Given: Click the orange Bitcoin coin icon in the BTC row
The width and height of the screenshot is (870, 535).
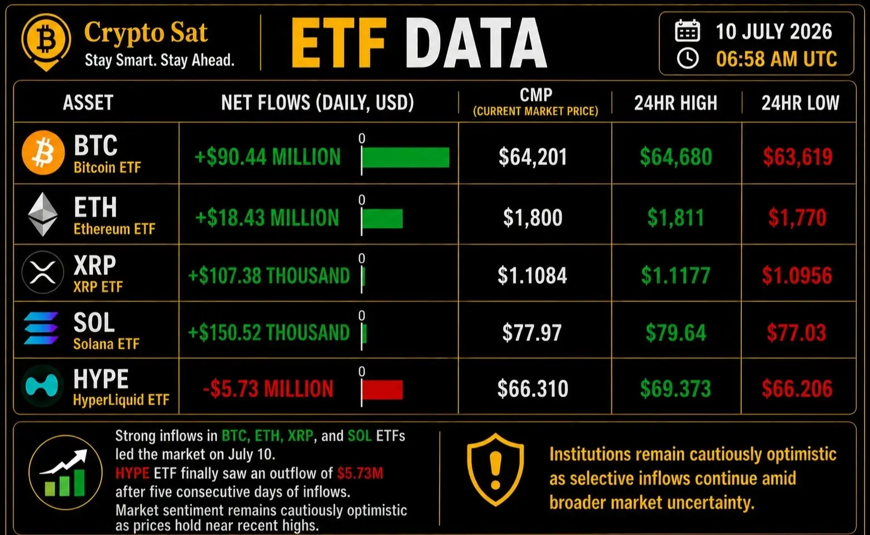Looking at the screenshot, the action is (x=43, y=153).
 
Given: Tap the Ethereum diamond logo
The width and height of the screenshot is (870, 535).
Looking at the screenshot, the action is (x=43, y=215).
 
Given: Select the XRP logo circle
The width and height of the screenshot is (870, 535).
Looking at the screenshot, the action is (x=43, y=272).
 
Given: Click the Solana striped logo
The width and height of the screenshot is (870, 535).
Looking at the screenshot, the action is (x=41, y=328).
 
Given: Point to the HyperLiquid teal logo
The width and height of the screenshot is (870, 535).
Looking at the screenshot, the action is (x=42, y=386).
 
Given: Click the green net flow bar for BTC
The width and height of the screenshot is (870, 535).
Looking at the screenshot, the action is (x=405, y=157).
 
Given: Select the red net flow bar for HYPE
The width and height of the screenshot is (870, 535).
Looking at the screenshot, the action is (x=382, y=390).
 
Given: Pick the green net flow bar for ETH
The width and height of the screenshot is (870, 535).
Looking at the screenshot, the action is (x=382, y=218).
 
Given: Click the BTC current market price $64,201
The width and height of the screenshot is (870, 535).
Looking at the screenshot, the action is (x=533, y=157).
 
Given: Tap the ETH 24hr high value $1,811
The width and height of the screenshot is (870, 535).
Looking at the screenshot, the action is (x=676, y=218).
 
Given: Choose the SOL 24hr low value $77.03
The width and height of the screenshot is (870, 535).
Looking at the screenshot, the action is (x=796, y=333).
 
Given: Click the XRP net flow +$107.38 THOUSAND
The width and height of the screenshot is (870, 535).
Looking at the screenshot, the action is (x=269, y=276).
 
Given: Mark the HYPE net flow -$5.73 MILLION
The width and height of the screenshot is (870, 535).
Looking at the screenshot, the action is (x=268, y=389).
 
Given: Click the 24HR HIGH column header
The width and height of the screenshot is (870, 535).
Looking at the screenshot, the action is (x=676, y=103).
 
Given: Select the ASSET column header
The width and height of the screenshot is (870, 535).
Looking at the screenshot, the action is (x=88, y=103).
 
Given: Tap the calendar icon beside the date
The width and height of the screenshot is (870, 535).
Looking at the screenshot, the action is (x=688, y=31).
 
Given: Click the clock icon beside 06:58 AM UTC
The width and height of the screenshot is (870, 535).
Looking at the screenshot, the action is (x=688, y=59).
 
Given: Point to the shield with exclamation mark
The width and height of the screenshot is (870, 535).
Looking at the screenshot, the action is (x=495, y=470).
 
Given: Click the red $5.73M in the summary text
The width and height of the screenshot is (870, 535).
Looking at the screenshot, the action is (x=360, y=473).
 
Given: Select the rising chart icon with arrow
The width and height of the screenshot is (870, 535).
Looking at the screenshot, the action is (x=65, y=473).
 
